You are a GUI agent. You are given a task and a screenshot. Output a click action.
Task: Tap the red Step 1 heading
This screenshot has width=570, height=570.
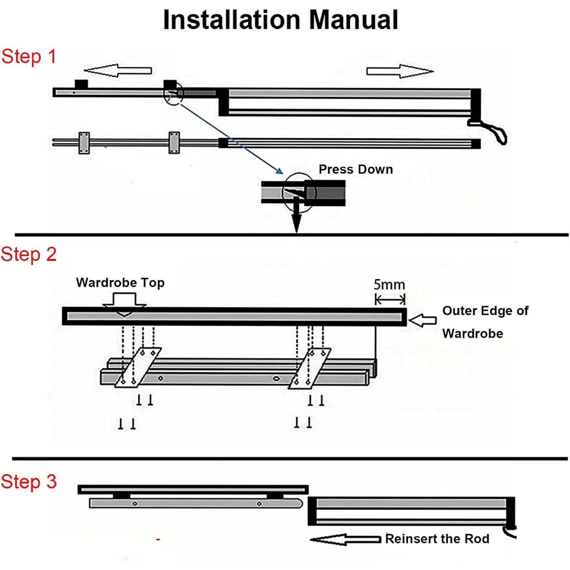pyautogui.click(x=28, y=57)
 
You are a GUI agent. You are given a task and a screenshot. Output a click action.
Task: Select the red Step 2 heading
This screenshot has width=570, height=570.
pyautogui.click(x=28, y=255)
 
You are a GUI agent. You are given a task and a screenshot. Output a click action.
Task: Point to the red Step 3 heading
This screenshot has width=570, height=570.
pyautogui.click(x=28, y=482)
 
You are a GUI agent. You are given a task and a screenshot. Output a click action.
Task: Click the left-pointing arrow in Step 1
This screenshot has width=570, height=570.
pyautogui.click(x=118, y=70)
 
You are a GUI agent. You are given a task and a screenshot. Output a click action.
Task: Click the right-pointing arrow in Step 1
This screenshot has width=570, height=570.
pyautogui.click(x=400, y=71)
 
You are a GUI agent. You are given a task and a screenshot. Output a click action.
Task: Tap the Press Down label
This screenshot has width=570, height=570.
pyautogui.click(x=356, y=169)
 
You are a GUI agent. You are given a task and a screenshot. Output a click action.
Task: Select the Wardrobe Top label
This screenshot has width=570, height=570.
pyautogui.click(x=120, y=283)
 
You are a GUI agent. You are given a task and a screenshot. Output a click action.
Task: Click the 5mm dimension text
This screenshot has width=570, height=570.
pyautogui.click(x=389, y=285)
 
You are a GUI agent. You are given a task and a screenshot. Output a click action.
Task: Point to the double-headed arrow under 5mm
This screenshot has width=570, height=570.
pyautogui.click(x=390, y=300)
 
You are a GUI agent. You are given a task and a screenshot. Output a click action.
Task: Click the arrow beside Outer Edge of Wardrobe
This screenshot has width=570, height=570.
pyautogui.click(x=423, y=320)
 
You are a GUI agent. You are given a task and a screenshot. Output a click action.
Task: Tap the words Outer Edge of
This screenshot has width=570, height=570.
pyautogui.click(x=485, y=310)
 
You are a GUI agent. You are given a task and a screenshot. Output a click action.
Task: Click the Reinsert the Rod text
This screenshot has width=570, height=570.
pyautogui.click(x=437, y=539)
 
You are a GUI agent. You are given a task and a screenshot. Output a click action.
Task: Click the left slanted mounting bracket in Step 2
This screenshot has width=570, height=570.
pyautogui.click(x=138, y=368)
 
